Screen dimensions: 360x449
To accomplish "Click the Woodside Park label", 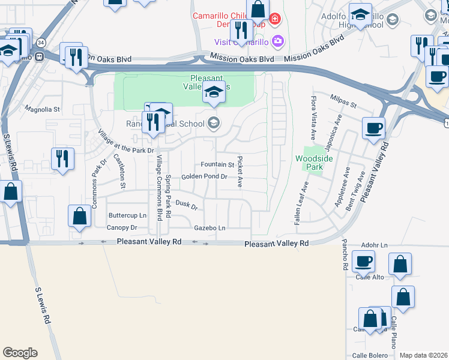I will pyautogui.click(x=310, y=163).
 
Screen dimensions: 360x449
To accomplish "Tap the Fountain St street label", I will pyautogui.click(x=217, y=164).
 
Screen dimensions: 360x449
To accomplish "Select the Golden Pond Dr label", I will pyautogui.click(x=205, y=176).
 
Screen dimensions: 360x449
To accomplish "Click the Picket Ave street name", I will pyautogui.click(x=240, y=172).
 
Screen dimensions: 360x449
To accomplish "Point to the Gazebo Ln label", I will pyautogui.click(x=209, y=228).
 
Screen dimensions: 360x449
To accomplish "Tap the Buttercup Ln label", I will pyautogui.click(x=127, y=215).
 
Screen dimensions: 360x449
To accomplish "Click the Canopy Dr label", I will pyautogui.click(x=122, y=228).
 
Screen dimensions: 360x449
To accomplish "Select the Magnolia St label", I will pyautogui.click(x=42, y=110).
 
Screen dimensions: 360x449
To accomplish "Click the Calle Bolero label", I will pyautogui.click(x=367, y=356).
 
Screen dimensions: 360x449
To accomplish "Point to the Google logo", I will pyautogui.click(x=20, y=353).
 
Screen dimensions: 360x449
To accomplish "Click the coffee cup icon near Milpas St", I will pyautogui.click(x=374, y=127).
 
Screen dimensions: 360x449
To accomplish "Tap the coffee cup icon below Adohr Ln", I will pyautogui.click(x=364, y=261).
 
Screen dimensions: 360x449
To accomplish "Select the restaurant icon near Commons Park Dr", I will pyautogui.click(x=62, y=158).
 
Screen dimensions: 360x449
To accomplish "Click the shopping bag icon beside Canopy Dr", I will pyautogui.click(x=79, y=215).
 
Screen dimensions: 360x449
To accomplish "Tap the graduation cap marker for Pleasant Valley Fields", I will pyautogui.click(x=214, y=92).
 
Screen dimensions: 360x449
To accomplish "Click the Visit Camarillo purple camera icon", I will pyautogui.click(x=278, y=41).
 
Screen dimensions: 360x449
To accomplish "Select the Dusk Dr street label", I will pyautogui.click(x=187, y=205).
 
